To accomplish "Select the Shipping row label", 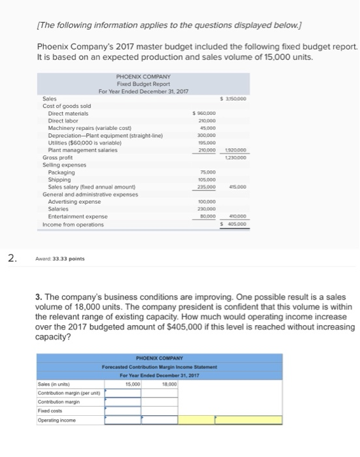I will pyautogui.click(x=59, y=180).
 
